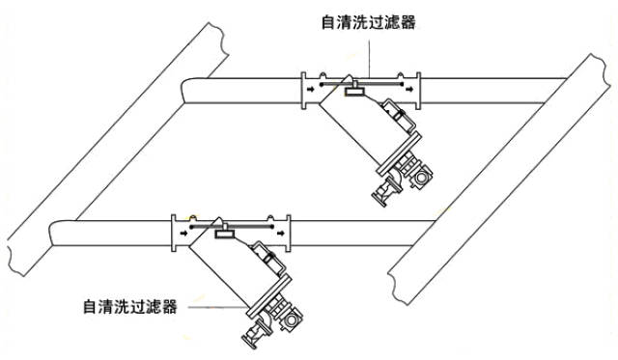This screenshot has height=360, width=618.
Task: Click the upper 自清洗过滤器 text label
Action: click(370, 22)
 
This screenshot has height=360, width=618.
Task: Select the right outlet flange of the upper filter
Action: click(416, 90)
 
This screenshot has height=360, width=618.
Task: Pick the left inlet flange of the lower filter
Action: click(173, 232)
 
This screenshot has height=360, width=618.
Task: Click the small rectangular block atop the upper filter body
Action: click(354, 93)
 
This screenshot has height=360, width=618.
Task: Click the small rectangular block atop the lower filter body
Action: click(226, 234)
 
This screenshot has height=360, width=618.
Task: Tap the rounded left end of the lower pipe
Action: click(52, 234)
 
